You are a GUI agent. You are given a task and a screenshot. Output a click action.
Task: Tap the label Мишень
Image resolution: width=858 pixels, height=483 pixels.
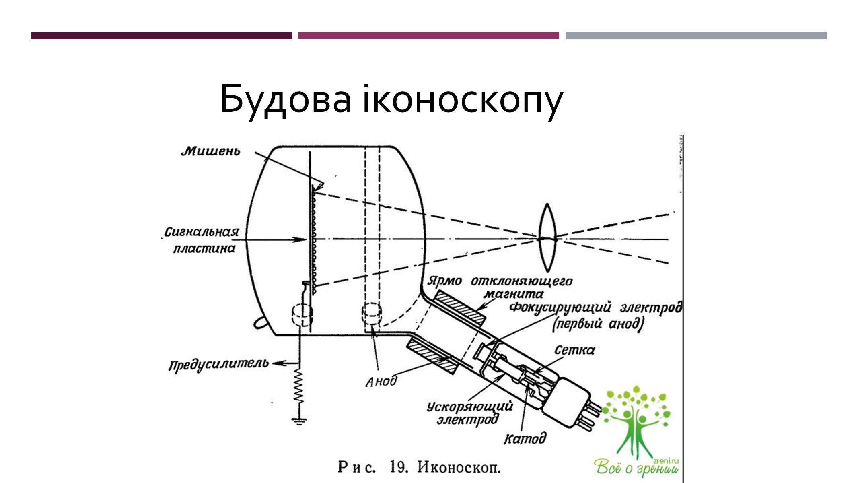coord(211,151)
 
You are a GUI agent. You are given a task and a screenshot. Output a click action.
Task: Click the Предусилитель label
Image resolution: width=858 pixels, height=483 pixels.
coord(218,365)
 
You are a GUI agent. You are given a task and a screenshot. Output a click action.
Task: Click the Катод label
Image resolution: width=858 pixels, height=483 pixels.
coord(525,438)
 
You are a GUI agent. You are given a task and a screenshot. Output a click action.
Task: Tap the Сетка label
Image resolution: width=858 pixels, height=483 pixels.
coord(574,350)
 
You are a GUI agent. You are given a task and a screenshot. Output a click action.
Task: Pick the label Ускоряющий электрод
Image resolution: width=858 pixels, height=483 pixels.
coord(469,413)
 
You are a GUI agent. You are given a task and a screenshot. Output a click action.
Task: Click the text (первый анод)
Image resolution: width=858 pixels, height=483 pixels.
coord(598,324)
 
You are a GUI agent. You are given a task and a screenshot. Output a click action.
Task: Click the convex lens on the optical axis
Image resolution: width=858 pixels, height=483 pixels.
coord(547,237)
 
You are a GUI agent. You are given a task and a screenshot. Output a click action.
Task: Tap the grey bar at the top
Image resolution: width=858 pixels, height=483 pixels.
coord(696,35)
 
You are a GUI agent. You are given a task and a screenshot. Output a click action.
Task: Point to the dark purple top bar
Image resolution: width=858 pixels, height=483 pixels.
coord(161,35)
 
